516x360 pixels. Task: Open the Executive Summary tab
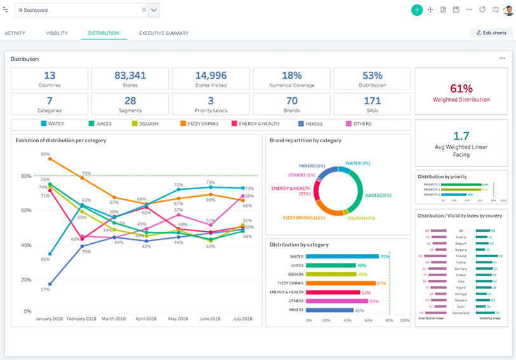[164, 33]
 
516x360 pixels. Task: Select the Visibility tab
[56, 33]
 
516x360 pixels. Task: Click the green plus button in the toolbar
[416, 10]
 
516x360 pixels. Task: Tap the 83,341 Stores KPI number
[130, 76]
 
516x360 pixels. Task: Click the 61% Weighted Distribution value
[461, 89]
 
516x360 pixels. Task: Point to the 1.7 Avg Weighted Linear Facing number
[461, 136]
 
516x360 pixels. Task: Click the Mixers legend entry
[309, 124]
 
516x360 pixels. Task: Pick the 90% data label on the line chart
[45, 154]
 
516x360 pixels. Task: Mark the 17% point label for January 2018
[45, 290]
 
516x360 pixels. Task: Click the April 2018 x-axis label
[147, 319]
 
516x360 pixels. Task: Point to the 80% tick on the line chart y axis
[26, 176]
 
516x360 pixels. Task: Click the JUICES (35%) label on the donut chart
[379, 196]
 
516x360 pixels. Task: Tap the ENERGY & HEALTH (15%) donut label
[291, 191]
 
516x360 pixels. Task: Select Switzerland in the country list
[461, 312]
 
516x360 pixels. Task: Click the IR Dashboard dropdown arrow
[154, 10]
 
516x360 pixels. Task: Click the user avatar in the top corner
[508, 10]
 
